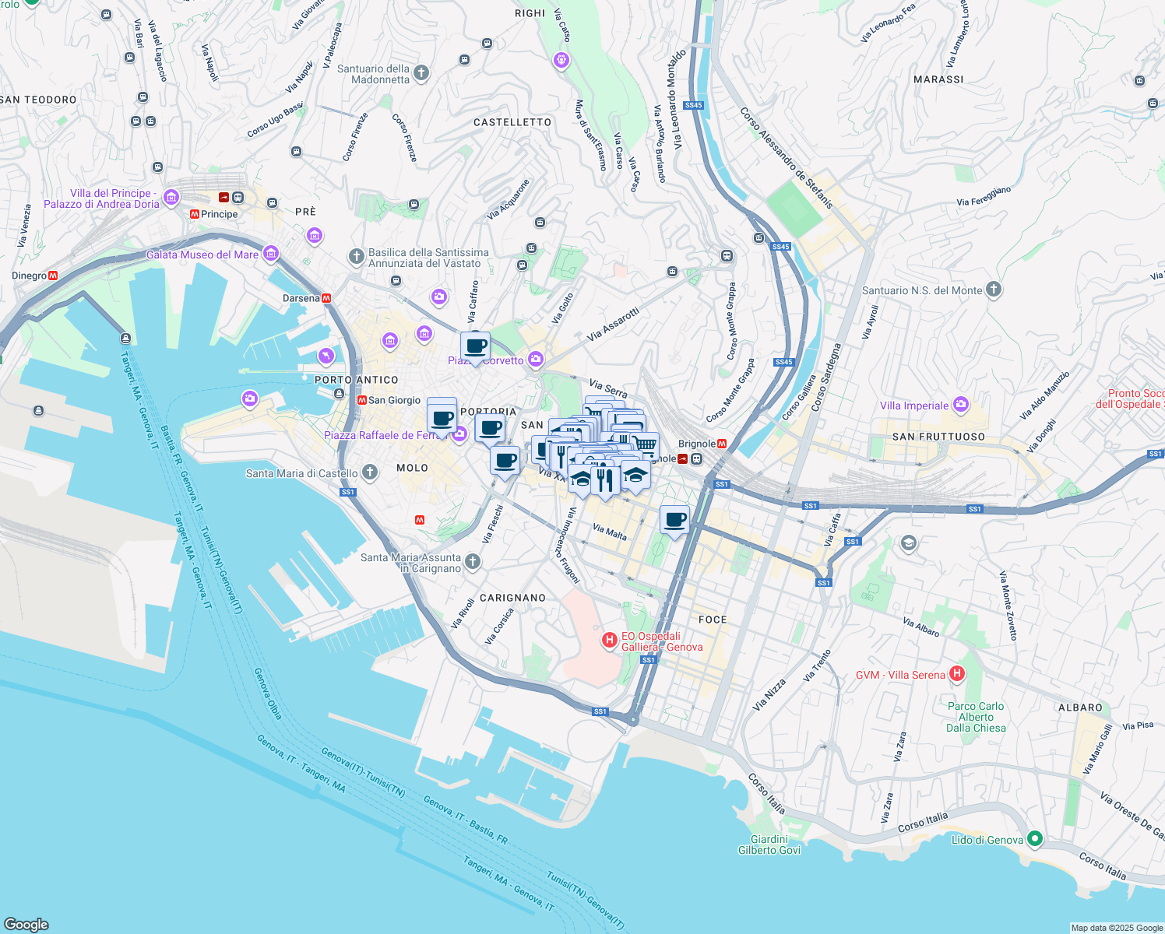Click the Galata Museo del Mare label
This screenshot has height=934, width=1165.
pos(202,255)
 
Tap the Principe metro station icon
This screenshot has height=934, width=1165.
pos(194,214)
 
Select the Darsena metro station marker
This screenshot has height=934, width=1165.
pos(326,298)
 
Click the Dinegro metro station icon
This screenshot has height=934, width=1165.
pos(53,276)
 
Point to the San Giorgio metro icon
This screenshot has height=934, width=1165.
pos(361,400)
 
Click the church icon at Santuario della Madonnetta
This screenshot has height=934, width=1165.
pos(421,73)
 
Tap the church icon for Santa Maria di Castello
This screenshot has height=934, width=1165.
pos(370,472)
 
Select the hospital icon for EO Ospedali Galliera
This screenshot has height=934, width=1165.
pos(610,640)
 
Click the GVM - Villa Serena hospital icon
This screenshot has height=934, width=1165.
pos(957,674)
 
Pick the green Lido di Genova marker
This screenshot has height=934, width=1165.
pos(1034,838)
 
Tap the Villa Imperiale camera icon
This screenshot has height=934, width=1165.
pos(961,404)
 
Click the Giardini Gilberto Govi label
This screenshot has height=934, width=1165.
pos(769,844)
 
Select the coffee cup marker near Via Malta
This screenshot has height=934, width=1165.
pos(674,520)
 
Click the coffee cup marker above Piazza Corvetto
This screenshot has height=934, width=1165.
pos(475,346)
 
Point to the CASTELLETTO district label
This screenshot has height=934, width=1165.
pos(512,122)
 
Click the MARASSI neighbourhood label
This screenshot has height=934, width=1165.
pos(938,79)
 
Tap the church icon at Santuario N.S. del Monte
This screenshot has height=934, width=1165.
pos(993,290)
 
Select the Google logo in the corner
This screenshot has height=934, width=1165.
pos(26,924)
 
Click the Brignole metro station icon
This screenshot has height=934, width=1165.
pos(722,444)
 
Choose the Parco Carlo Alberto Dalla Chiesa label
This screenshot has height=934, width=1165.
pos(976,717)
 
